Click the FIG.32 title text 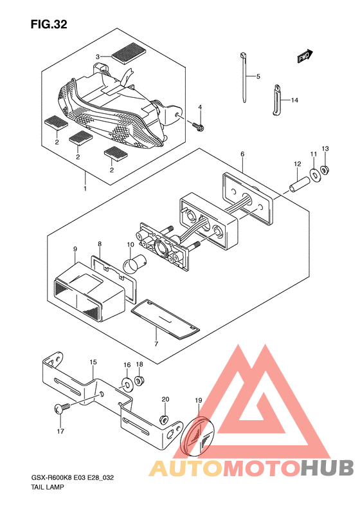pyautogui.click(x=49, y=24)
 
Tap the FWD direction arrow pyautogui.click(x=305, y=56)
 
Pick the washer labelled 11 pyautogui.click(x=314, y=173)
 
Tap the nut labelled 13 pyautogui.click(x=323, y=169)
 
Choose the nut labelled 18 pyautogui.click(x=139, y=380)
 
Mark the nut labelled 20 pyautogui.click(x=164, y=420)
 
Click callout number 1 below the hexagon pyautogui.click(x=85, y=188)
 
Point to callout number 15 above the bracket pyautogui.click(x=93, y=362)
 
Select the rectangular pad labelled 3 pyautogui.click(x=129, y=52)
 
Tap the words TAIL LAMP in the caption pyautogui.click(x=48, y=487)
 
